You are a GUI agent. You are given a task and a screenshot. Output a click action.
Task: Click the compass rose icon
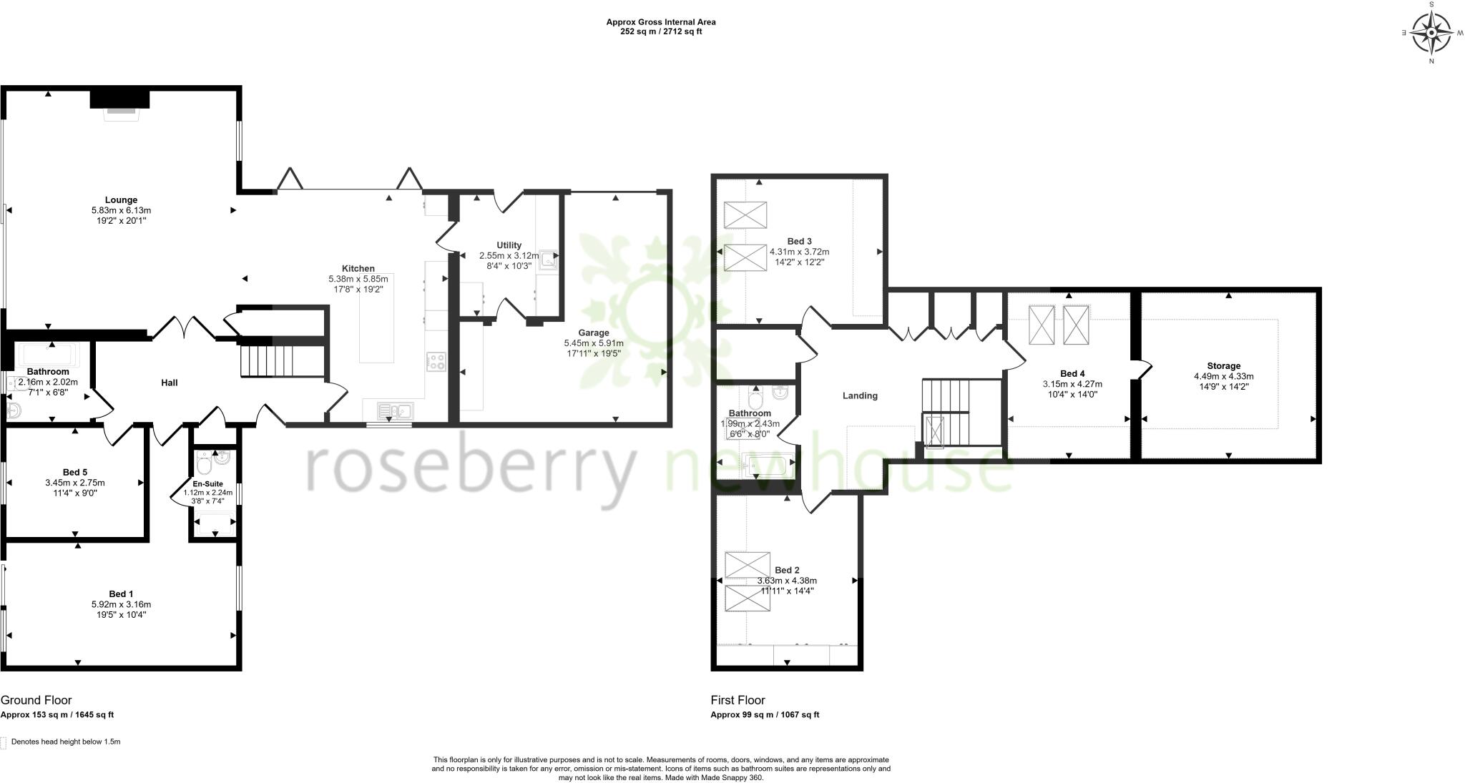(x=1431, y=32)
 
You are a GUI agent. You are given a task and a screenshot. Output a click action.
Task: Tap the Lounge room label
(x=121, y=200)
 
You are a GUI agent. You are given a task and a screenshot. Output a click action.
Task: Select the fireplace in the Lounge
(x=119, y=103)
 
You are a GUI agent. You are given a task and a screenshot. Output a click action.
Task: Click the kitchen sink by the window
(x=395, y=410)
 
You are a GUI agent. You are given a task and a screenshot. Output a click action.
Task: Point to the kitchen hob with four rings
(x=436, y=362)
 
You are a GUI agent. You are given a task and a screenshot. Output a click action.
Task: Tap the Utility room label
(x=509, y=245)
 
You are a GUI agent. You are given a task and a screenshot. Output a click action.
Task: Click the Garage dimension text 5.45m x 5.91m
(x=594, y=343)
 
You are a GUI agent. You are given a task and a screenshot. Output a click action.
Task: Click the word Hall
(x=170, y=383)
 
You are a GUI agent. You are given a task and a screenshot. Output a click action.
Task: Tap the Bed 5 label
(x=75, y=473)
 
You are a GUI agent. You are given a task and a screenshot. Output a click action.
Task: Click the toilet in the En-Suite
(x=205, y=465)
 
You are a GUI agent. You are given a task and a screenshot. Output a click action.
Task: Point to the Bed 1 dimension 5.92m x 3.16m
(x=121, y=604)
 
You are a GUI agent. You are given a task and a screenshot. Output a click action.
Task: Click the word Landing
(x=860, y=396)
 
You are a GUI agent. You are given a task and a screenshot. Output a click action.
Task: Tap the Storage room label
(x=1223, y=366)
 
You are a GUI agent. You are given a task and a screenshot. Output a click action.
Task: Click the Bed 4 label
(x=1072, y=374)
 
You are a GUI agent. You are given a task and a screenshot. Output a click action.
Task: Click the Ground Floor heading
(x=36, y=700)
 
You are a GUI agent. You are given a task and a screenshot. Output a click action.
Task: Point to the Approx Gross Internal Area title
(x=661, y=22)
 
